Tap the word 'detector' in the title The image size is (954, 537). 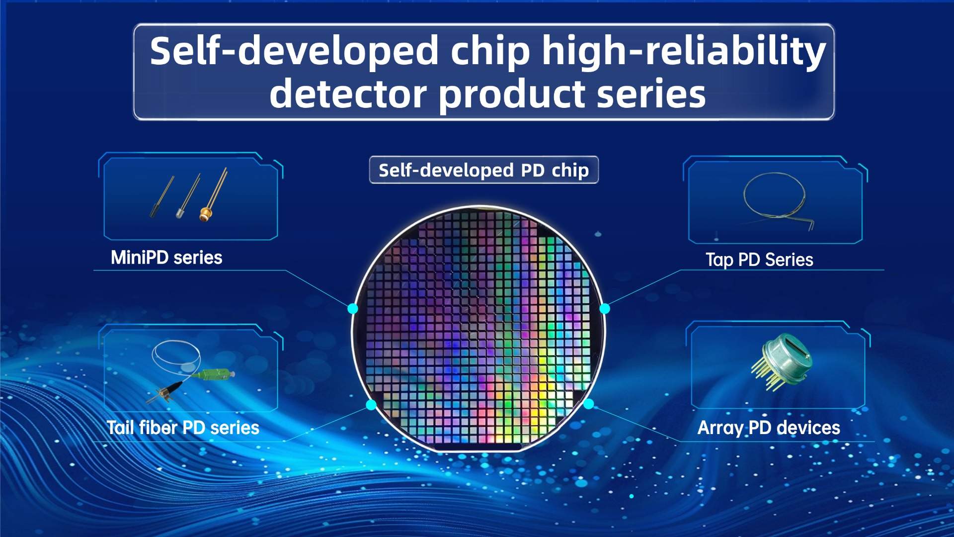(348, 94)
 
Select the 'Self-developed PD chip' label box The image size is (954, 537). (483, 170)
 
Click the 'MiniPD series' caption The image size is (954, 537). (166, 258)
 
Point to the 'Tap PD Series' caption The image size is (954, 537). (759, 260)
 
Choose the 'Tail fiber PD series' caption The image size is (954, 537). (183, 428)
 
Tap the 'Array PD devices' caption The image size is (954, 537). (769, 428)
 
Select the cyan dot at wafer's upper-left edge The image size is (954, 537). (353, 308)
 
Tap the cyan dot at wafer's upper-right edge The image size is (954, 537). (605, 309)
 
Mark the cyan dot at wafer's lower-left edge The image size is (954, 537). (371, 405)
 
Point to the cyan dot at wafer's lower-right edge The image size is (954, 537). (588, 404)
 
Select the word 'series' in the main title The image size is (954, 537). (651, 94)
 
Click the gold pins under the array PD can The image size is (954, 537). (768, 378)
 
